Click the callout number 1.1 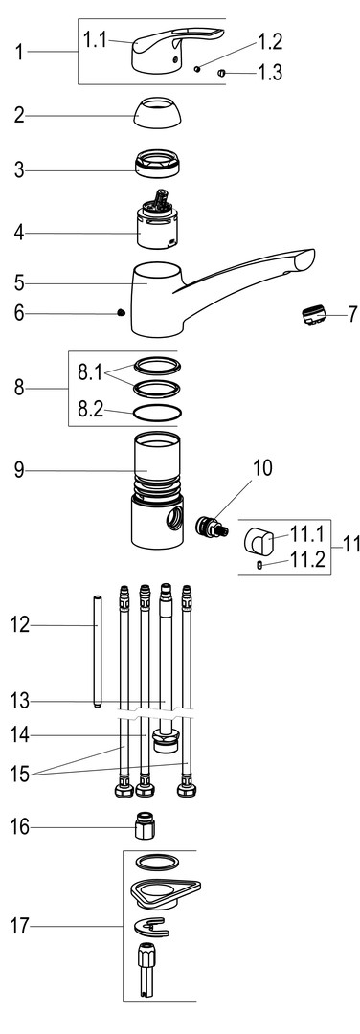point(94,40)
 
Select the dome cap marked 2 point(159,113)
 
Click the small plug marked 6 point(121,312)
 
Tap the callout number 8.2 point(90,410)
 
